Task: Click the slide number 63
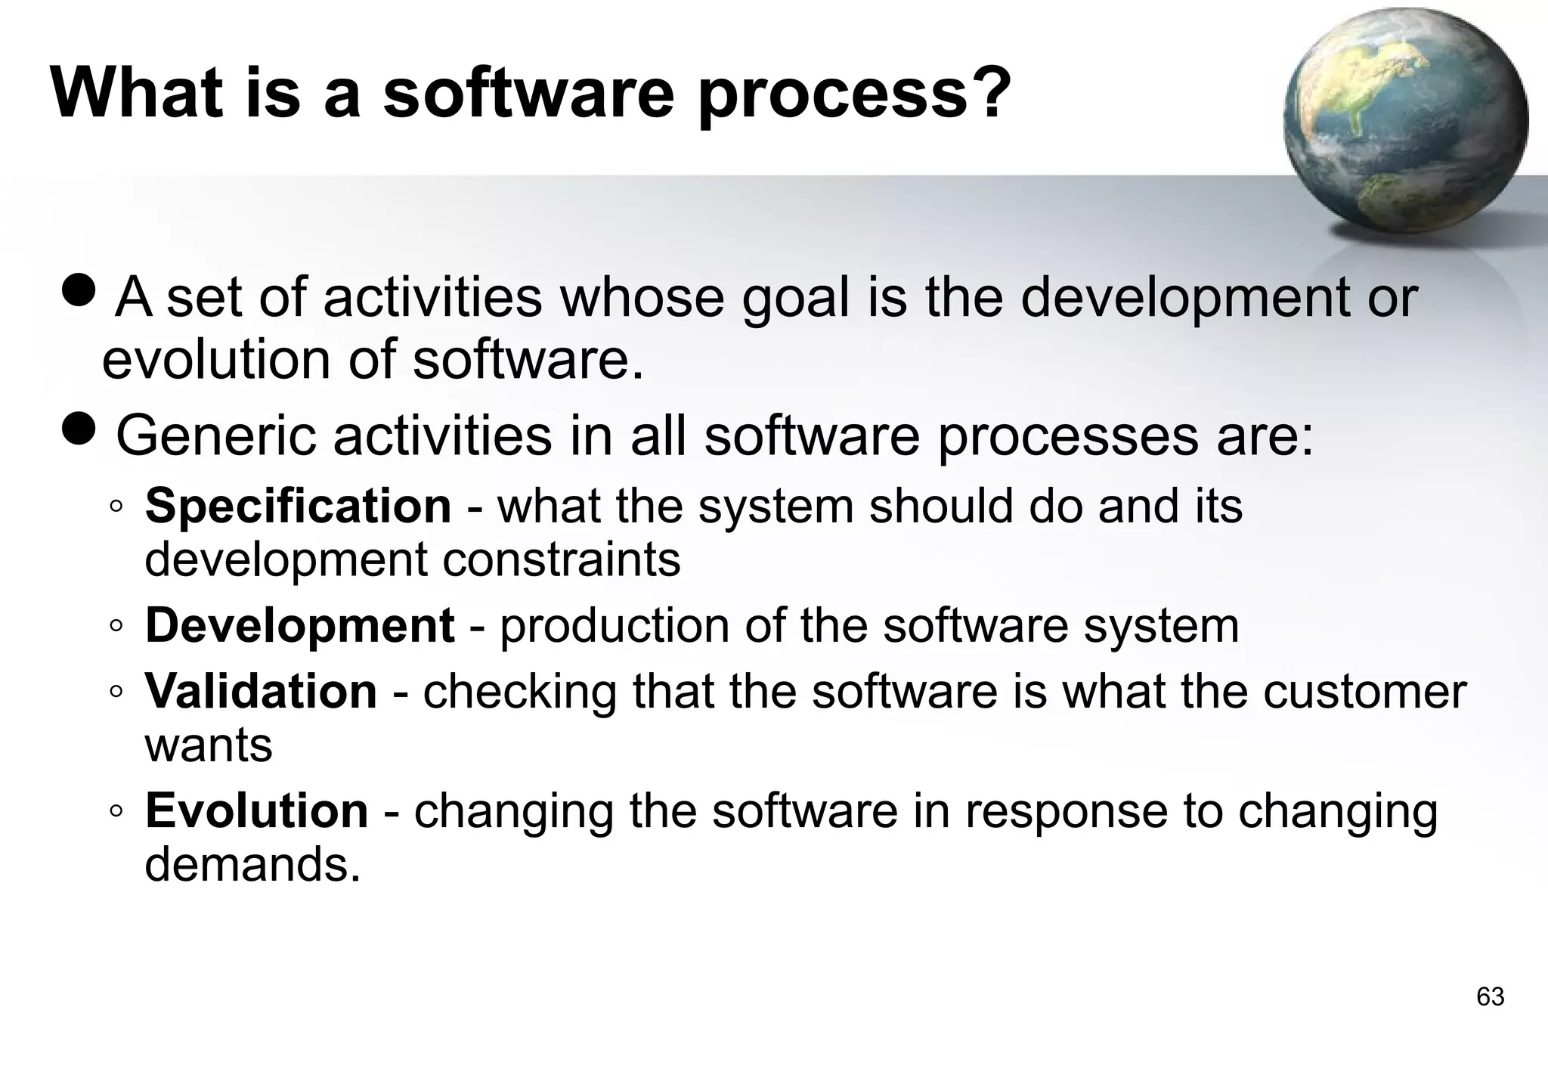click(x=1490, y=996)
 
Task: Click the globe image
click(x=1405, y=125)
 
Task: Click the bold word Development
click(x=299, y=625)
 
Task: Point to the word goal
click(x=795, y=299)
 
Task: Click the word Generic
click(x=216, y=436)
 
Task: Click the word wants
click(x=208, y=745)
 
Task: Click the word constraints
click(x=561, y=559)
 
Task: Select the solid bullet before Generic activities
click(x=78, y=428)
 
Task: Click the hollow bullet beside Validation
click(x=116, y=691)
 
